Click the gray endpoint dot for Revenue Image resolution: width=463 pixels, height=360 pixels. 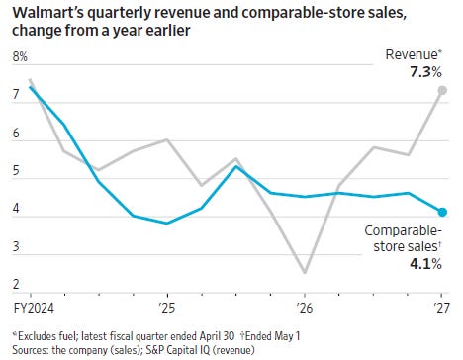coord(442,90)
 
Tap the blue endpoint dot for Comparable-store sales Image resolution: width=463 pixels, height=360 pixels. coord(442,212)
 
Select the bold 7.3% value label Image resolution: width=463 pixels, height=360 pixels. coord(425,72)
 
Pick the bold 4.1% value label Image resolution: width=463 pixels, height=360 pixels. coord(425,264)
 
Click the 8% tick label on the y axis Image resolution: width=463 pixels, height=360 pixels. coord(20,57)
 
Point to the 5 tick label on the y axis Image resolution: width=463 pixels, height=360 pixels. coord(16,171)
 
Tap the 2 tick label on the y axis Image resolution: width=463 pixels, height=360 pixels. coord(16,284)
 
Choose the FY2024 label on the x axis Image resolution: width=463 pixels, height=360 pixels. coord(34,308)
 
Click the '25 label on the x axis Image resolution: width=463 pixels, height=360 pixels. coord(167,308)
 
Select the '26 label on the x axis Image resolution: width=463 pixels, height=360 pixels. coord(305,308)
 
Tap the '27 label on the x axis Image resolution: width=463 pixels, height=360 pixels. coord(441,308)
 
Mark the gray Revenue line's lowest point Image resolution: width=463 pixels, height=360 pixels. coord(305,273)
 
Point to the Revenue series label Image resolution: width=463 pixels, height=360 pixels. coord(414,54)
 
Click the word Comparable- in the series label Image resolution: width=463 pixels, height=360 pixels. coord(403,230)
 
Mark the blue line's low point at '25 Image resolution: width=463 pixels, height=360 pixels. coord(167,224)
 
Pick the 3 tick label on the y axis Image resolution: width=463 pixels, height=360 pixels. coord(16,246)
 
